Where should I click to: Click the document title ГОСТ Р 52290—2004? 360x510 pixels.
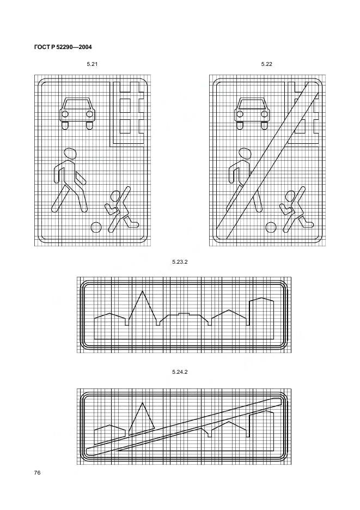(63, 47)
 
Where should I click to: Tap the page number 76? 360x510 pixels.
(37, 472)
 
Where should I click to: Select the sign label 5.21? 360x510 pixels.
(92, 64)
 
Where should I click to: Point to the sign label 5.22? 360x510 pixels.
(267, 64)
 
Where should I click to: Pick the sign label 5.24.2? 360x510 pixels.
(180, 372)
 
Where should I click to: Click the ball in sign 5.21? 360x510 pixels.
(96, 227)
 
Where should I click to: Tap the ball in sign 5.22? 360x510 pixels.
(271, 227)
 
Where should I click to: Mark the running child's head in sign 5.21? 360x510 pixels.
(115, 196)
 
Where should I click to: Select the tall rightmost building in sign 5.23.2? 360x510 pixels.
(261, 318)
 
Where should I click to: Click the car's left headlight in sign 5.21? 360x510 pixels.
(65, 114)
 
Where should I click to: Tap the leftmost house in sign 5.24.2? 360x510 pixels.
(109, 434)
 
